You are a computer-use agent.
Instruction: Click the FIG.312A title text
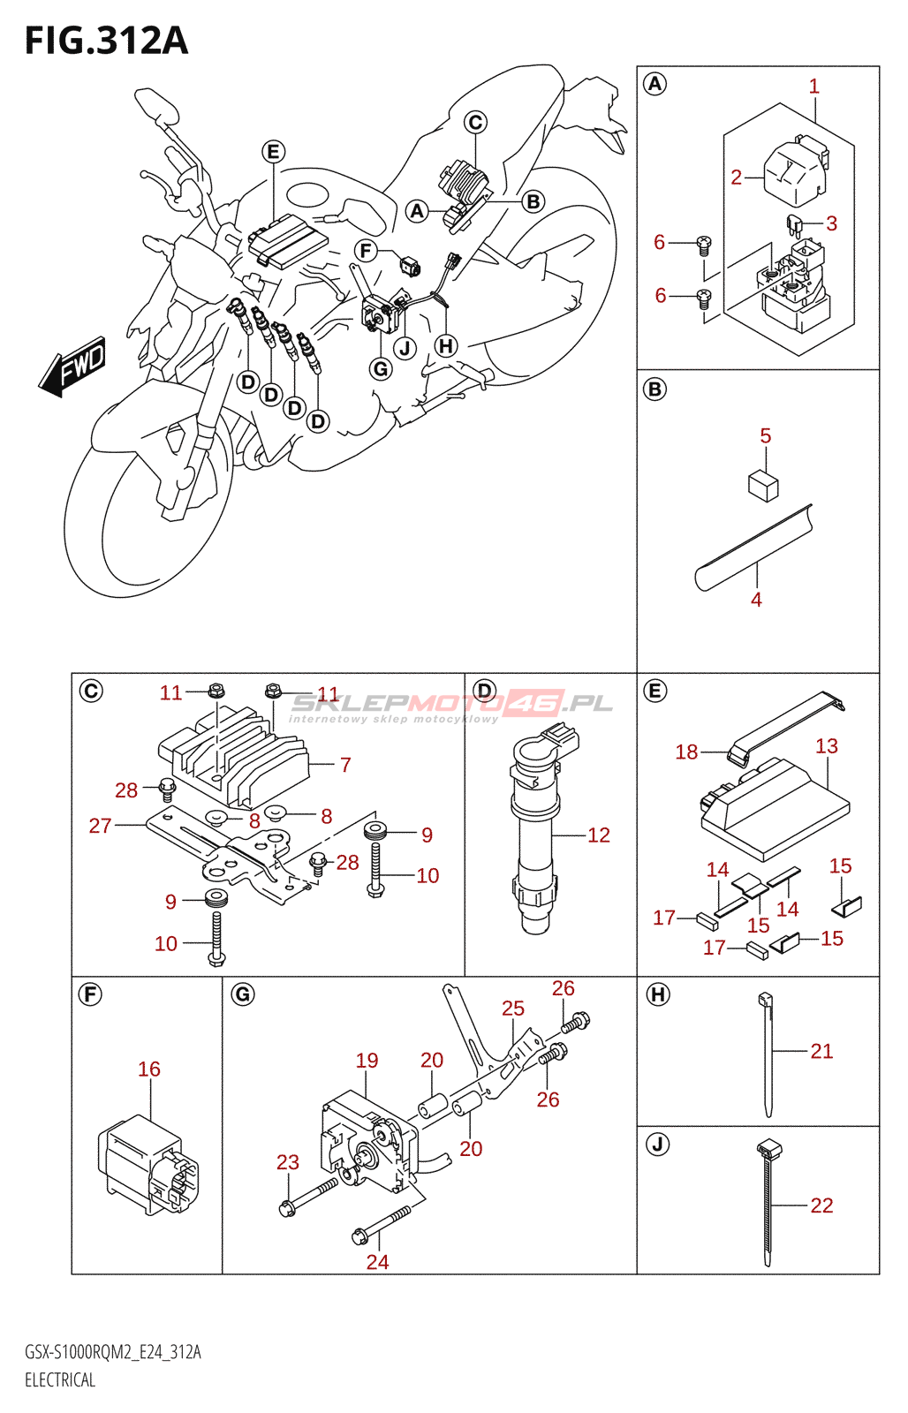(106, 42)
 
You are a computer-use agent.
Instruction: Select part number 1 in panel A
(813, 87)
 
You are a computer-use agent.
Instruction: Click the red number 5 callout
(765, 436)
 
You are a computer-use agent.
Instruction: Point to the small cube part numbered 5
(763, 485)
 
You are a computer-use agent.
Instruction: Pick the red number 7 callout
(344, 765)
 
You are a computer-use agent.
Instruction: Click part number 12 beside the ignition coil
(598, 835)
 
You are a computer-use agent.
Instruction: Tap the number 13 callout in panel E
(826, 747)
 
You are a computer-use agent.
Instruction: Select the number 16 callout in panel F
(149, 1069)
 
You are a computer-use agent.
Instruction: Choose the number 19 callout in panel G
(367, 1061)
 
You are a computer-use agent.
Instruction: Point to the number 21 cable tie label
(821, 1051)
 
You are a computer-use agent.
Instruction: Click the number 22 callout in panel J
(821, 1205)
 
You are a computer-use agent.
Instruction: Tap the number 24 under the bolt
(377, 1262)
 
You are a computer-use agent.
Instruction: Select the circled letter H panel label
(657, 995)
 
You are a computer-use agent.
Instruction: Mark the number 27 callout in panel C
(100, 826)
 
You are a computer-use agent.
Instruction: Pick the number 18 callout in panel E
(686, 752)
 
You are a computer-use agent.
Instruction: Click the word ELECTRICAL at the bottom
(60, 1380)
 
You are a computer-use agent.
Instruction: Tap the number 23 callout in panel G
(288, 1163)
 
